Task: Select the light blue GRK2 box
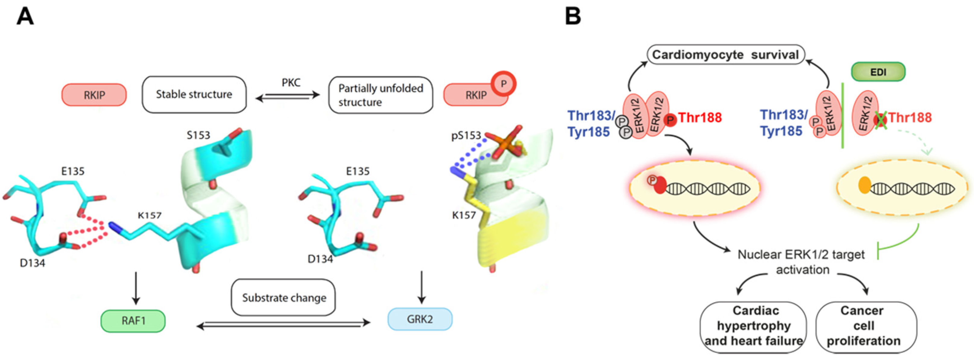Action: [420, 319]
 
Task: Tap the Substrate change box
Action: [283, 298]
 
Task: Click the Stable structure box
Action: [194, 95]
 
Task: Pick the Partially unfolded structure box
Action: [381, 95]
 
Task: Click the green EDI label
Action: [878, 72]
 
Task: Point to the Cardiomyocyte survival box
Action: [725, 55]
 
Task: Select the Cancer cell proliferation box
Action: [866, 326]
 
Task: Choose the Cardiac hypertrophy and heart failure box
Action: [753, 326]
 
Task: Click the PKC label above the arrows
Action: [291, 83]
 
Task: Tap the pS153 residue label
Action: [466, 135]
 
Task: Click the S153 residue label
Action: [198, 135]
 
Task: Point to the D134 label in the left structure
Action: [33, 263]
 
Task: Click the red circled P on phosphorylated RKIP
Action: [503, 83]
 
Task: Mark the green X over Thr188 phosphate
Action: [881, 121]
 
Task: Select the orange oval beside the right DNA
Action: [865, 185]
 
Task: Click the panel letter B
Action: [573, 17]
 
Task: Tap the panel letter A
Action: [25, 17]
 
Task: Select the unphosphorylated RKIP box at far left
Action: [94, 95]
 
